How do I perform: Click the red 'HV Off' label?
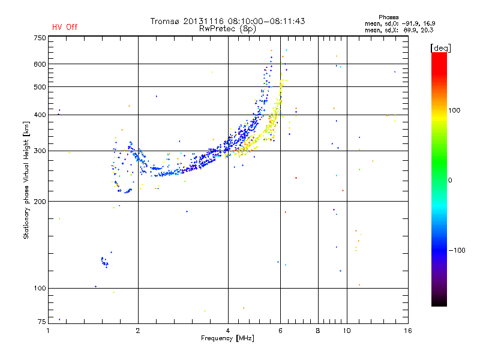65,27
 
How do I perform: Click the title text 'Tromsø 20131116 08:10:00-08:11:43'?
228,21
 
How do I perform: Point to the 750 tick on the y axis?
40,37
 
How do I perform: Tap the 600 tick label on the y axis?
40,64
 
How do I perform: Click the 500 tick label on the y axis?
40,87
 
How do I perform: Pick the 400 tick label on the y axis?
40,115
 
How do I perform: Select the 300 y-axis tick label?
40,151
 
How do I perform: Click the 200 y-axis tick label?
40,202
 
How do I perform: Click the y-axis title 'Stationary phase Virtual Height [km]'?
26,180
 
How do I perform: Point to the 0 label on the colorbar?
450,180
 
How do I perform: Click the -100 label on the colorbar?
457,250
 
